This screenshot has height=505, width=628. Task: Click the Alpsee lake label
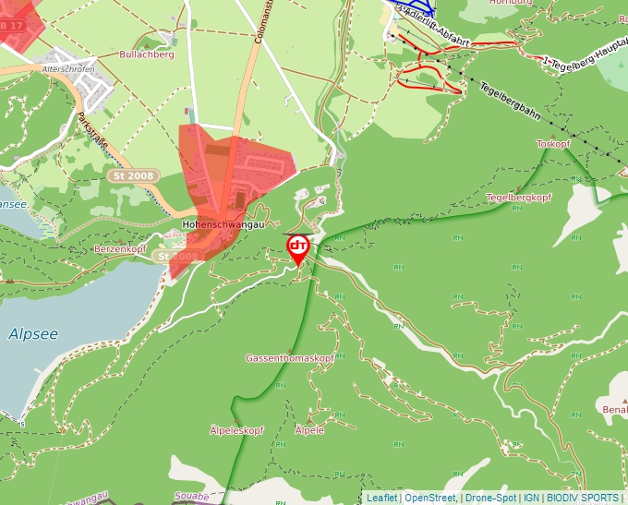tap(33, 334)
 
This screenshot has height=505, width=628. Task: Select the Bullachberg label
tap(147, 54)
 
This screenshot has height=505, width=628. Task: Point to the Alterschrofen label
tap(69, 69)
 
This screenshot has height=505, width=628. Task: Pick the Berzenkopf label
tap(120, 250)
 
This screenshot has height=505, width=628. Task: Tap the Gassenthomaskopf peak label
tap(289, 357)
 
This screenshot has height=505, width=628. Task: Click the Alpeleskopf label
tap(237, 430)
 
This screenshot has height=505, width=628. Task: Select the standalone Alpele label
tap(309, 430)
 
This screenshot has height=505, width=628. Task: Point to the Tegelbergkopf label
tap(518, 198)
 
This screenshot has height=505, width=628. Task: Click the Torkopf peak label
tap(553, 145)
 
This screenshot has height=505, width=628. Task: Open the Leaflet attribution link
tap(381, 498)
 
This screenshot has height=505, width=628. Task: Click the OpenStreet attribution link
tap(429, 498)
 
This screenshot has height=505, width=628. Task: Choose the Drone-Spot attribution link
tap(490, 498)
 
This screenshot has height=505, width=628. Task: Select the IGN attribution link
tap(531, 498)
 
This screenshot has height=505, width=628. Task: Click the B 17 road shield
tap(11, 25)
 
